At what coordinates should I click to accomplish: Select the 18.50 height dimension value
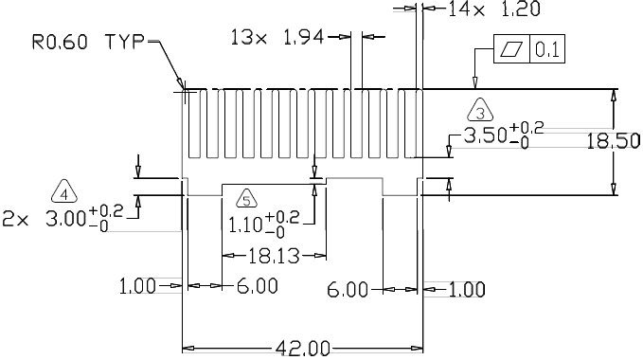tap(613, 141)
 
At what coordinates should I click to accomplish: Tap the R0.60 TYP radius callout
tap(89, 42)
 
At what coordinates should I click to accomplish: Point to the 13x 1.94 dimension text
tap(277, 37)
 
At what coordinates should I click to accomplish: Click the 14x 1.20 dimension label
tap(494, 9)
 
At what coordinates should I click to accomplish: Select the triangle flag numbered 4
tap(64, 192)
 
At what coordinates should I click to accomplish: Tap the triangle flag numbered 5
tap(246, 198)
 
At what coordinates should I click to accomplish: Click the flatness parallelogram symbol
tap(511, 49)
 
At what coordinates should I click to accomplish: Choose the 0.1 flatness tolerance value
tap(547, 49)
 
